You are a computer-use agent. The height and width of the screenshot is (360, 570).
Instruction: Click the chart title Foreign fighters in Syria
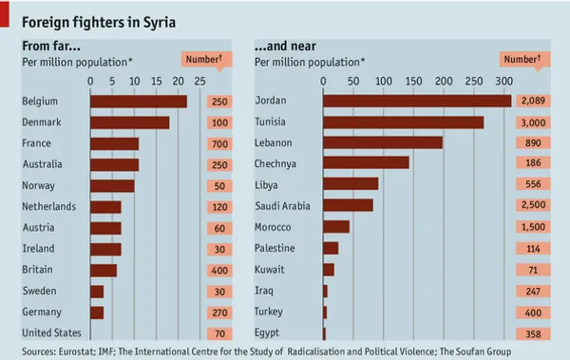tap(99, 23)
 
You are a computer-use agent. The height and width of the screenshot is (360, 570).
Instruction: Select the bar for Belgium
tap(139, 102)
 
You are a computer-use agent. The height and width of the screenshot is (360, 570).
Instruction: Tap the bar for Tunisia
tap(404, 123)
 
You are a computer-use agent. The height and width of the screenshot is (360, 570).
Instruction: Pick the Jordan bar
tap(417, 101)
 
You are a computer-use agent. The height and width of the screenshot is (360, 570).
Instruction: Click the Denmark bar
tap(130, 123)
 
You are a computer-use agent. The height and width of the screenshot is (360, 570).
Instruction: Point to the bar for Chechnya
tap(366, 162)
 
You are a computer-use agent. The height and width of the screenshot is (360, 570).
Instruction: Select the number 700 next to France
tap(219, 144)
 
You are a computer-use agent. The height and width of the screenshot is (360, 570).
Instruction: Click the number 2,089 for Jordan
tap(533, 101)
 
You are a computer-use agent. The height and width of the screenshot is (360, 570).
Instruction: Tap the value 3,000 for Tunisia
tap(533, 123)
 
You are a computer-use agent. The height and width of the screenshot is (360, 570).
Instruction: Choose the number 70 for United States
tap(219, 333)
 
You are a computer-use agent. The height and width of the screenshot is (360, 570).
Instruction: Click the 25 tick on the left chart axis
tap(199, 81)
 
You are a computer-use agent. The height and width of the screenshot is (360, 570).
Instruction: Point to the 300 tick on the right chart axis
tap(503, 81)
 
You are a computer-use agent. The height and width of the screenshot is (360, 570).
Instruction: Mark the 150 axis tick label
tap(413, 81)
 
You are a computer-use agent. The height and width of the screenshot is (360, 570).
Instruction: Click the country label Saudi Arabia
tap(282, 206)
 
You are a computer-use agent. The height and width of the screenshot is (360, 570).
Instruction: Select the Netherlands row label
tap(49, 206)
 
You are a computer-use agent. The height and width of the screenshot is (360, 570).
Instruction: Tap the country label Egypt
tap(267, 332)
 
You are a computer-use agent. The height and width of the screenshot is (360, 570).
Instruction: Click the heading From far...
tap(51, 47)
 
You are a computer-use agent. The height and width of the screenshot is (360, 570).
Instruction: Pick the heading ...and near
tap(285, 47)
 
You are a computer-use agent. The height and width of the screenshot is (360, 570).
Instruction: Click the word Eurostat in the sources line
tap(77, 351)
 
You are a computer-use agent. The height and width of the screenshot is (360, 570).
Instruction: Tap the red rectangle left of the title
tap(5, 14)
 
